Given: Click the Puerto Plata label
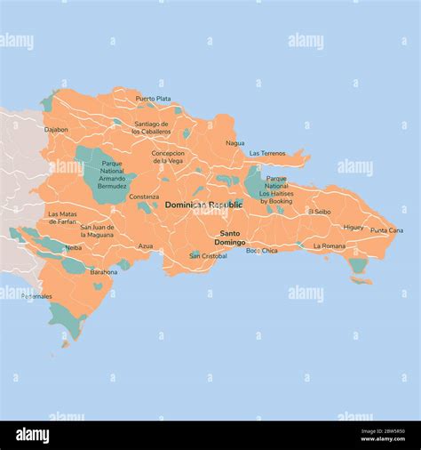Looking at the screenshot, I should [153, 99].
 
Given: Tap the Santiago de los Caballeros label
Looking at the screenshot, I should [151, 127].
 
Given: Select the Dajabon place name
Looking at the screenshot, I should [56, 129].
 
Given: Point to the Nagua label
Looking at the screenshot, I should [234, 142].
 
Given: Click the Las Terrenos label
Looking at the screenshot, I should [267, 153].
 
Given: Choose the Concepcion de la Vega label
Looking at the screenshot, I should [168, 157].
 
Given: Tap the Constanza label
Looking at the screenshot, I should [144, 197].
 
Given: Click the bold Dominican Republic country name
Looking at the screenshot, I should [203, 205].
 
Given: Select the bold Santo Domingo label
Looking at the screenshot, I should [230, 237].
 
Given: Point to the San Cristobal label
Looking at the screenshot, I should [208, 255].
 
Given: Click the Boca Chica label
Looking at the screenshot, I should [261, 251].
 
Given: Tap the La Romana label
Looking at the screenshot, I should [330, 245].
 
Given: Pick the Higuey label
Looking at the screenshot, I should [353, 227].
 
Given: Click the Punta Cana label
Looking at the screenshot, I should [386, 230].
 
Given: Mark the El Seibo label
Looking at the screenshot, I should [320, 212].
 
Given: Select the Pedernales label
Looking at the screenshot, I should [37, 296].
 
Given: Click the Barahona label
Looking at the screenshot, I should [103, 272].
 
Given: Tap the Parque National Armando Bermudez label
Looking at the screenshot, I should [112, 174].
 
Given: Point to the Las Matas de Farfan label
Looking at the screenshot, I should [62, 218].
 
